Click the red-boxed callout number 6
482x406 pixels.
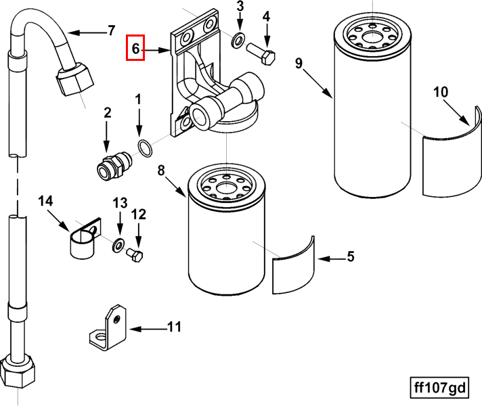[x=135, y=49]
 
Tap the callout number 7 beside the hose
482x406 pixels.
[x=112, y=30]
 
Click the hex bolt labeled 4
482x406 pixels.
[x=262, y=53]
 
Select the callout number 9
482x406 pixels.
[x=299, y=64]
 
